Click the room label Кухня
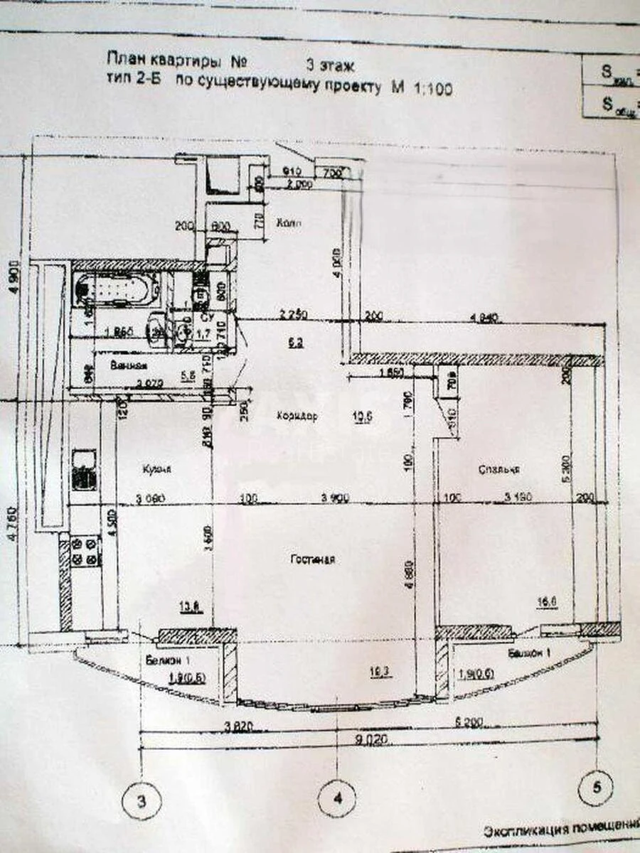[x=154, y=469]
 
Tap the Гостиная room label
[x=312, y=560]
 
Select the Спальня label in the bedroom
[x=497, y=469]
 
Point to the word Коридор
[x=297, y=414]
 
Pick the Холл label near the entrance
[x=289, y=222]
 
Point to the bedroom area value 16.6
[x=548, y=603]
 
